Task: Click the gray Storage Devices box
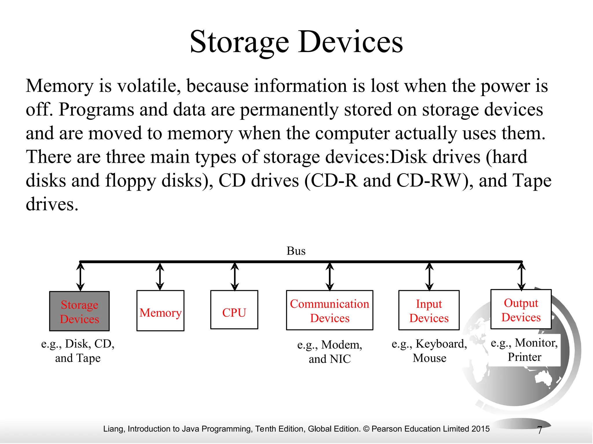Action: point(79,311)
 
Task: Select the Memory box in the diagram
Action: point(160,311)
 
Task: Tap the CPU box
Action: point(234,310)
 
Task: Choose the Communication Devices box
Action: point(330,310)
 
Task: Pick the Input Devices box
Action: point(429,310)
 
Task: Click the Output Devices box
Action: point(521,309)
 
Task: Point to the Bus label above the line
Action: point(296,251)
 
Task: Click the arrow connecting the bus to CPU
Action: point(235,277)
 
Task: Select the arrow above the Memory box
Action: point(160,277)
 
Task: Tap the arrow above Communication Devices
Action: point(330,277)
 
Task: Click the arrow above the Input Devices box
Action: point(429,277)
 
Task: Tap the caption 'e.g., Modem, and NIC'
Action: point(330,351)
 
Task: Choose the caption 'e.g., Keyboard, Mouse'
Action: point(429,351)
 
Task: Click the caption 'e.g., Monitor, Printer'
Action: point(524,350)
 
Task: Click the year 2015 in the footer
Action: point(480,429)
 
